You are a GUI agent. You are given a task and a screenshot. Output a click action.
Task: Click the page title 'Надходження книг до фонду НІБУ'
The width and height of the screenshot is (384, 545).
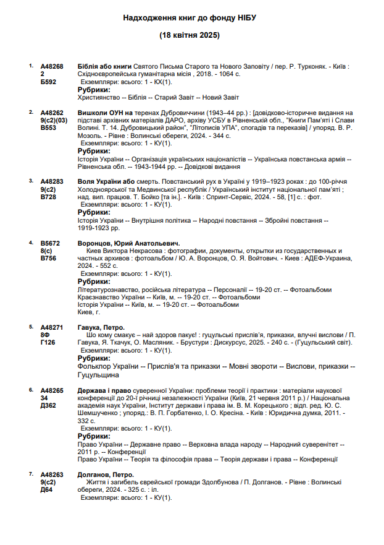point(190,19)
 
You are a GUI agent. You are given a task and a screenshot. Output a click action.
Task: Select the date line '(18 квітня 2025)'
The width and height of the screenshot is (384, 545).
point(190,35)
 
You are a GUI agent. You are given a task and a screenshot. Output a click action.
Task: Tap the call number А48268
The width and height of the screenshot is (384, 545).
point(52,66)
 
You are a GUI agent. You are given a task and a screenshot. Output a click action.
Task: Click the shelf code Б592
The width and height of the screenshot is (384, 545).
point(48,81)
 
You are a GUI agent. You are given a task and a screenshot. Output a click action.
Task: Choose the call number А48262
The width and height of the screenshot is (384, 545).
point(52,113)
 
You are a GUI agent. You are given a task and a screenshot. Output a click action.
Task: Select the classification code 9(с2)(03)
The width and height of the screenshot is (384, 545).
point(54,120)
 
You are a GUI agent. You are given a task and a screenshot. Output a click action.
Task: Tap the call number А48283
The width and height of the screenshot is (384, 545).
point(52,182)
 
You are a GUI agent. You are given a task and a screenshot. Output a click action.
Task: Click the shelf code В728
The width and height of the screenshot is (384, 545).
point(48,197)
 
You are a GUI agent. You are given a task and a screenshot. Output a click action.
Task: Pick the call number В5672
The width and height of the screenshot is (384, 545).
point(51,243)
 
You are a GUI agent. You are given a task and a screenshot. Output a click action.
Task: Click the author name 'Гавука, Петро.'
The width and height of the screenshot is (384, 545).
point(101,327)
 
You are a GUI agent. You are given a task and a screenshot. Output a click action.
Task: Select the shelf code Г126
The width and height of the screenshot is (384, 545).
point(48,342)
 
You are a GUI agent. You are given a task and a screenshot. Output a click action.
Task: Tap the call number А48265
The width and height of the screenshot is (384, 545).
point(52,391)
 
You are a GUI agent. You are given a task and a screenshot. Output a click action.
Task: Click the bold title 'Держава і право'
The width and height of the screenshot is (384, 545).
point(104,391)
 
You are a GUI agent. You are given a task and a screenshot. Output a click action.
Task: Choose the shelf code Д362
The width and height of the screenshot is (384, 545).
point(48,406)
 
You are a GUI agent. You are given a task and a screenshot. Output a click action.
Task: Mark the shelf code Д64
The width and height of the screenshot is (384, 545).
point(46,489)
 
